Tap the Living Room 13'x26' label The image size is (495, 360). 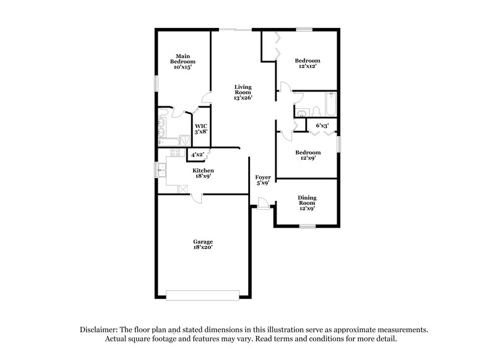point(243,92)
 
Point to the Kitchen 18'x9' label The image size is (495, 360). point(203,173)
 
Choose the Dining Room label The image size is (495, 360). point(307,204)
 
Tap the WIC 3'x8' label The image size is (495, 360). point(202,129)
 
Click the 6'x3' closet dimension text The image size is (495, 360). point(322,126)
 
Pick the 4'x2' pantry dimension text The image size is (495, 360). point(197,154)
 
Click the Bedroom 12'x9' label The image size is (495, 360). point(308,156)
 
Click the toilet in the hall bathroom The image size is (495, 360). point(316,111)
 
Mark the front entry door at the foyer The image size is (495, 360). point(263,204)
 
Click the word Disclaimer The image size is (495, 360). point(101,330)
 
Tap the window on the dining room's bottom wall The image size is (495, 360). point(308,226)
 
